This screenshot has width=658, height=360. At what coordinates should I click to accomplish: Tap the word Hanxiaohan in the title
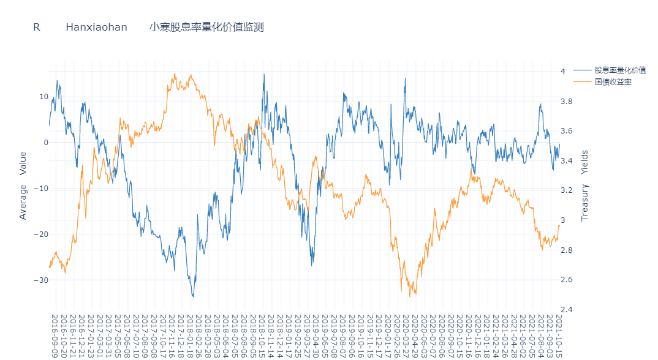[x=96, y=27]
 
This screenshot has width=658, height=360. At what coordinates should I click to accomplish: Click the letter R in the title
[x=37, y=27]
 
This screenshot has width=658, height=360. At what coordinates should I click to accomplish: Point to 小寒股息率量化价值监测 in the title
[x=206, y=27]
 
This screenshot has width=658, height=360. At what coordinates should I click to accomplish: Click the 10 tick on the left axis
[x=43, y=97]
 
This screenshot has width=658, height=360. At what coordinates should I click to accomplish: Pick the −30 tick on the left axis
[x=40, y=280]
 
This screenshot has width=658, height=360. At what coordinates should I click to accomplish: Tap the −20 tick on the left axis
[x=40, y=234]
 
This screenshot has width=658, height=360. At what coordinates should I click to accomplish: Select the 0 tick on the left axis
[x=46, y=143]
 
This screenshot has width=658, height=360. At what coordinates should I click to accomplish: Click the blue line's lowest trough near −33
[x=192, y=296]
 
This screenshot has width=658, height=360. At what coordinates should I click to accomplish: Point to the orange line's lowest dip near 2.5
[x=410, y=297]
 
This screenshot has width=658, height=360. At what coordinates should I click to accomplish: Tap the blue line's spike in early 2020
[x=405, y=78]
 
